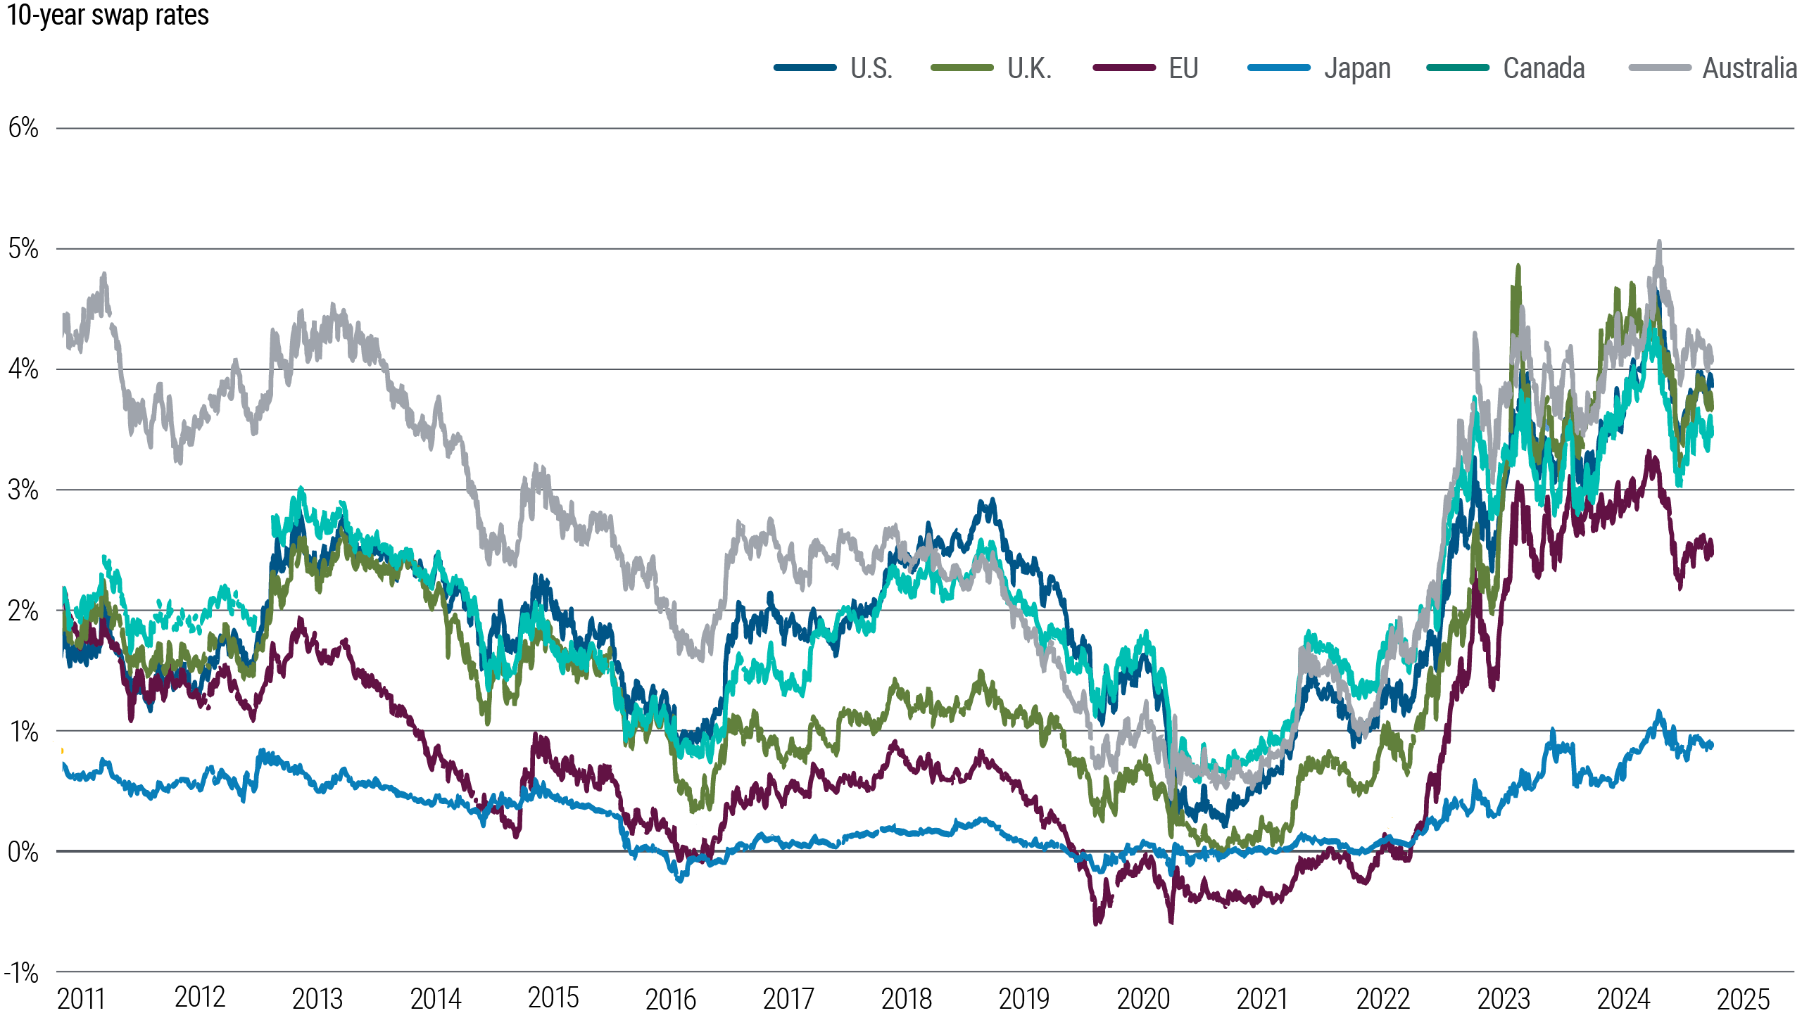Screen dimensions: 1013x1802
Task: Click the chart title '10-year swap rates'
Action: (108, 15)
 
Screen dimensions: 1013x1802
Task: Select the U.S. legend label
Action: (871, 69)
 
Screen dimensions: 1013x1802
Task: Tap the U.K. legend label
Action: (1029, 69)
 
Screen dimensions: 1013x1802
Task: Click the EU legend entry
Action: (1183, 69)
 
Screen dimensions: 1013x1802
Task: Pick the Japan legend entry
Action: (1357, 69)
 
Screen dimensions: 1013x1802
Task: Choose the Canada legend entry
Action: (1544, 69)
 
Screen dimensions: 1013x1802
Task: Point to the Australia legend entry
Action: (1749, 69)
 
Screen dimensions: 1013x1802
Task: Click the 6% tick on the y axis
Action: (23, 128)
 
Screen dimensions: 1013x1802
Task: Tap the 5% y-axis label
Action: (23, 249)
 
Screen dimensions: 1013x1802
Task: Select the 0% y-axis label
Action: (23, 852)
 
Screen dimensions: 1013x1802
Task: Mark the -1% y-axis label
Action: (21, 973)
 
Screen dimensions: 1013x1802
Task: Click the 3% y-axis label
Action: (23, 490)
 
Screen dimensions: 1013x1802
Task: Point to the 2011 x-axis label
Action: (80, 998)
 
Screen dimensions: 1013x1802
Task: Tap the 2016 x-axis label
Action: (670, 998)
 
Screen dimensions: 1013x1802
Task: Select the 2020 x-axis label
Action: (1143, 998)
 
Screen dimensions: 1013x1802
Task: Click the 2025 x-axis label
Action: (1743, 998)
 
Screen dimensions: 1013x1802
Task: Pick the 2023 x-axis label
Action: (1504, 998)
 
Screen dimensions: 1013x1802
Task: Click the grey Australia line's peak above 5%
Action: (1659, 243)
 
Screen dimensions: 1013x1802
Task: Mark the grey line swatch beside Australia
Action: (1660, 68)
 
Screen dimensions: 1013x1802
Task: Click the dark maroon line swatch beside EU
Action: (1124, 68)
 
